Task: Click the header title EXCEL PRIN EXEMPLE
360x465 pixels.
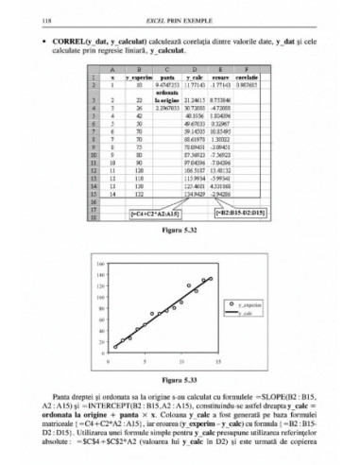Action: pos(180,18)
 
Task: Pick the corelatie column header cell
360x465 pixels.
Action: pos(248,77)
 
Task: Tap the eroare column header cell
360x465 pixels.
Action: pos(222,77)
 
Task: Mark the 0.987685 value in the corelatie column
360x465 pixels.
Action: pos(248,85)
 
